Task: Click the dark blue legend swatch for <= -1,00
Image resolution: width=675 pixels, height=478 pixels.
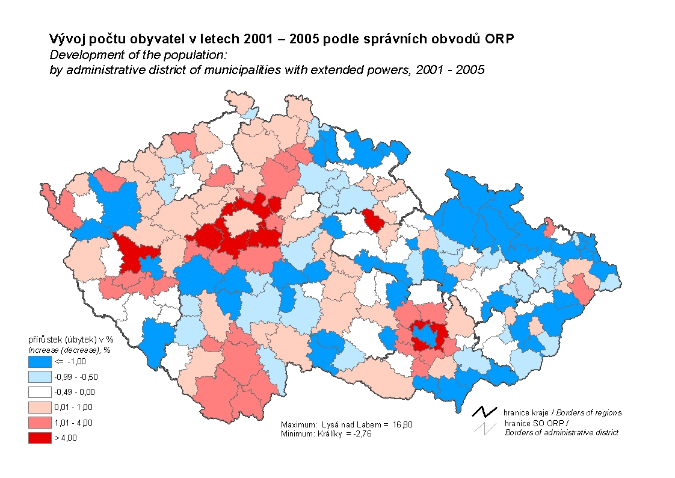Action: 39,362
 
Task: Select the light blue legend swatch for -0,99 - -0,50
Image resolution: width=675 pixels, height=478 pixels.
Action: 39,377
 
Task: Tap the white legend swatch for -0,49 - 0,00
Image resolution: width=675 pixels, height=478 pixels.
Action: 39,392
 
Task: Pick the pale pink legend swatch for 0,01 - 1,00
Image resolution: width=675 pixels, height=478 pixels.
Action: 39,408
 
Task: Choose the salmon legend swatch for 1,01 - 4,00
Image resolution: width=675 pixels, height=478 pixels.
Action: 39,423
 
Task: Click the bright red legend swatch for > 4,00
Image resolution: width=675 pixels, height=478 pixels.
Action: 39,438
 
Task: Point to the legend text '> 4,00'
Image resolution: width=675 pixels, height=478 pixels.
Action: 66,438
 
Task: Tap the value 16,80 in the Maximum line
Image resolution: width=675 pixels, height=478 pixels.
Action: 403,425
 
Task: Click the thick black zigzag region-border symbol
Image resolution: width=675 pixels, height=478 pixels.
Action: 485,412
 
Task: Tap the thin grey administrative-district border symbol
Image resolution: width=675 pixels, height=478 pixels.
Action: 484,427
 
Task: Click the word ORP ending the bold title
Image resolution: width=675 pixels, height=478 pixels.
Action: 502,39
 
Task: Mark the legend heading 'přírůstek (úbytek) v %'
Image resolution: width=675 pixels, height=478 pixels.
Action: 70,340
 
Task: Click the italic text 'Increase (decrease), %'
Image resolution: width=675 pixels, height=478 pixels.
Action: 69,349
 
